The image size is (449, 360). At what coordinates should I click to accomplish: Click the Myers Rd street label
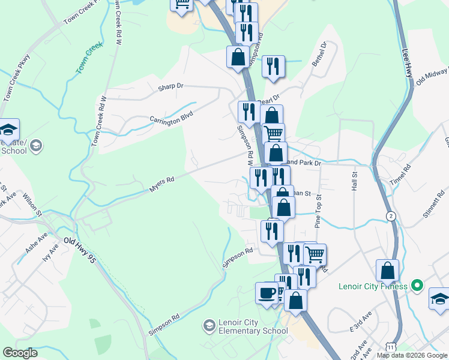coord(161,184)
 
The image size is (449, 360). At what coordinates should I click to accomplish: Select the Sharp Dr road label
coord(170,86)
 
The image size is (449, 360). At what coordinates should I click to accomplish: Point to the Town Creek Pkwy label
coord(17,78)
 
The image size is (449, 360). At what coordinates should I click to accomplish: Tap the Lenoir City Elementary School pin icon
coord(209,325)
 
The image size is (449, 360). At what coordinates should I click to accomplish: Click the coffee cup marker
coord(267,293)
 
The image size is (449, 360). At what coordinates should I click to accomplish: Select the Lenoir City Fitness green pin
coord(420,286)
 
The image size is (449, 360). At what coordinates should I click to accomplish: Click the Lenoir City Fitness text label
coord(373,286)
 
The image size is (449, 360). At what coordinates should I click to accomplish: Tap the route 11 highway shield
coord(391,347)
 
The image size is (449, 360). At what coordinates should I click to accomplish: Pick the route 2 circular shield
coord(391,216)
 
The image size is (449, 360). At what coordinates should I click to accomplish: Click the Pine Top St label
coord(318,210)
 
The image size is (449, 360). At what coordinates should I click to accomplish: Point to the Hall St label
coord(354,181)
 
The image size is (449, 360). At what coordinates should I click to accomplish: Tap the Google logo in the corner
coord(20,353)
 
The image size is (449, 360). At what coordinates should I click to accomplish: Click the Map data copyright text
coord(411,355)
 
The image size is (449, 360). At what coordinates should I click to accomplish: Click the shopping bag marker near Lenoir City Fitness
coord(388,271)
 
